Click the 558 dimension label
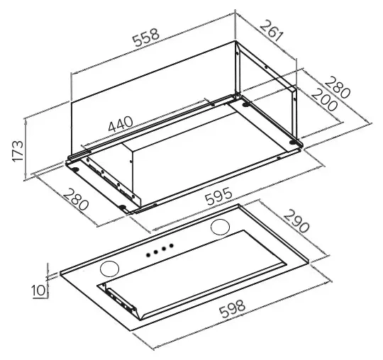(x=146, y=38)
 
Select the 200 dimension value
(x=325, y=100)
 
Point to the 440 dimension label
(x=121, y=124)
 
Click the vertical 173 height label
(x=18, y=151)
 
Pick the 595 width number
(x=218, y=196)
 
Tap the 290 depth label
(x=296, y=222)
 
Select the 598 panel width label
(x=232, y=308)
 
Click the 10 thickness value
(x=38, y=290)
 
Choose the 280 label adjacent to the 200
(x=338, y=87)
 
